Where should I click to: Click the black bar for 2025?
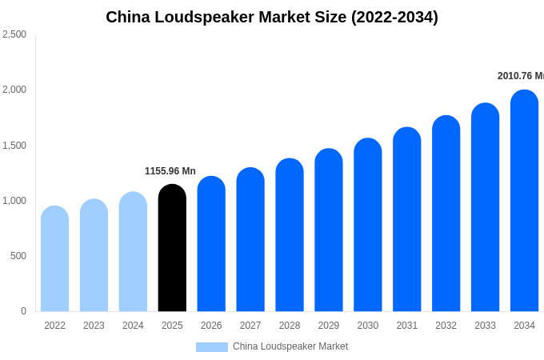tap(172, 248)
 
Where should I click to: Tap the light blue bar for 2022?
tap(54, 258)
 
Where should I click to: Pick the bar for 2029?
tap(329, 230)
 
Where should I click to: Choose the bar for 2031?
tap(406, 219)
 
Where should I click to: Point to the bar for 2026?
tap(211, 244)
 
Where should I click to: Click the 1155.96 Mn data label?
tap(170, 171)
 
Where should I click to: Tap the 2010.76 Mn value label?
tap(520, 76)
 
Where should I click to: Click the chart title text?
tap(272, 17)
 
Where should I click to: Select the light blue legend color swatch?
tap(212, 347)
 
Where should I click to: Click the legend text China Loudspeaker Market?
tap(290, 346)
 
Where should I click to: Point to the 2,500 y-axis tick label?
tap(14, 34)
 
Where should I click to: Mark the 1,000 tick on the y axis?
tap(14, 201)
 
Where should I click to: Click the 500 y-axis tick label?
tap(18, 256)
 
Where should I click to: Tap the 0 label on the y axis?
tap(23, 311)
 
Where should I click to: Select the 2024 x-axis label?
tap(133, 326)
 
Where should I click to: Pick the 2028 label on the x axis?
tap(290, 326)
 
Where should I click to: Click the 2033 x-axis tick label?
tap(485, 326)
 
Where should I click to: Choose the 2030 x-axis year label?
tap(368, 326)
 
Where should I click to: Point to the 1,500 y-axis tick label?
tap(14, 146)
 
